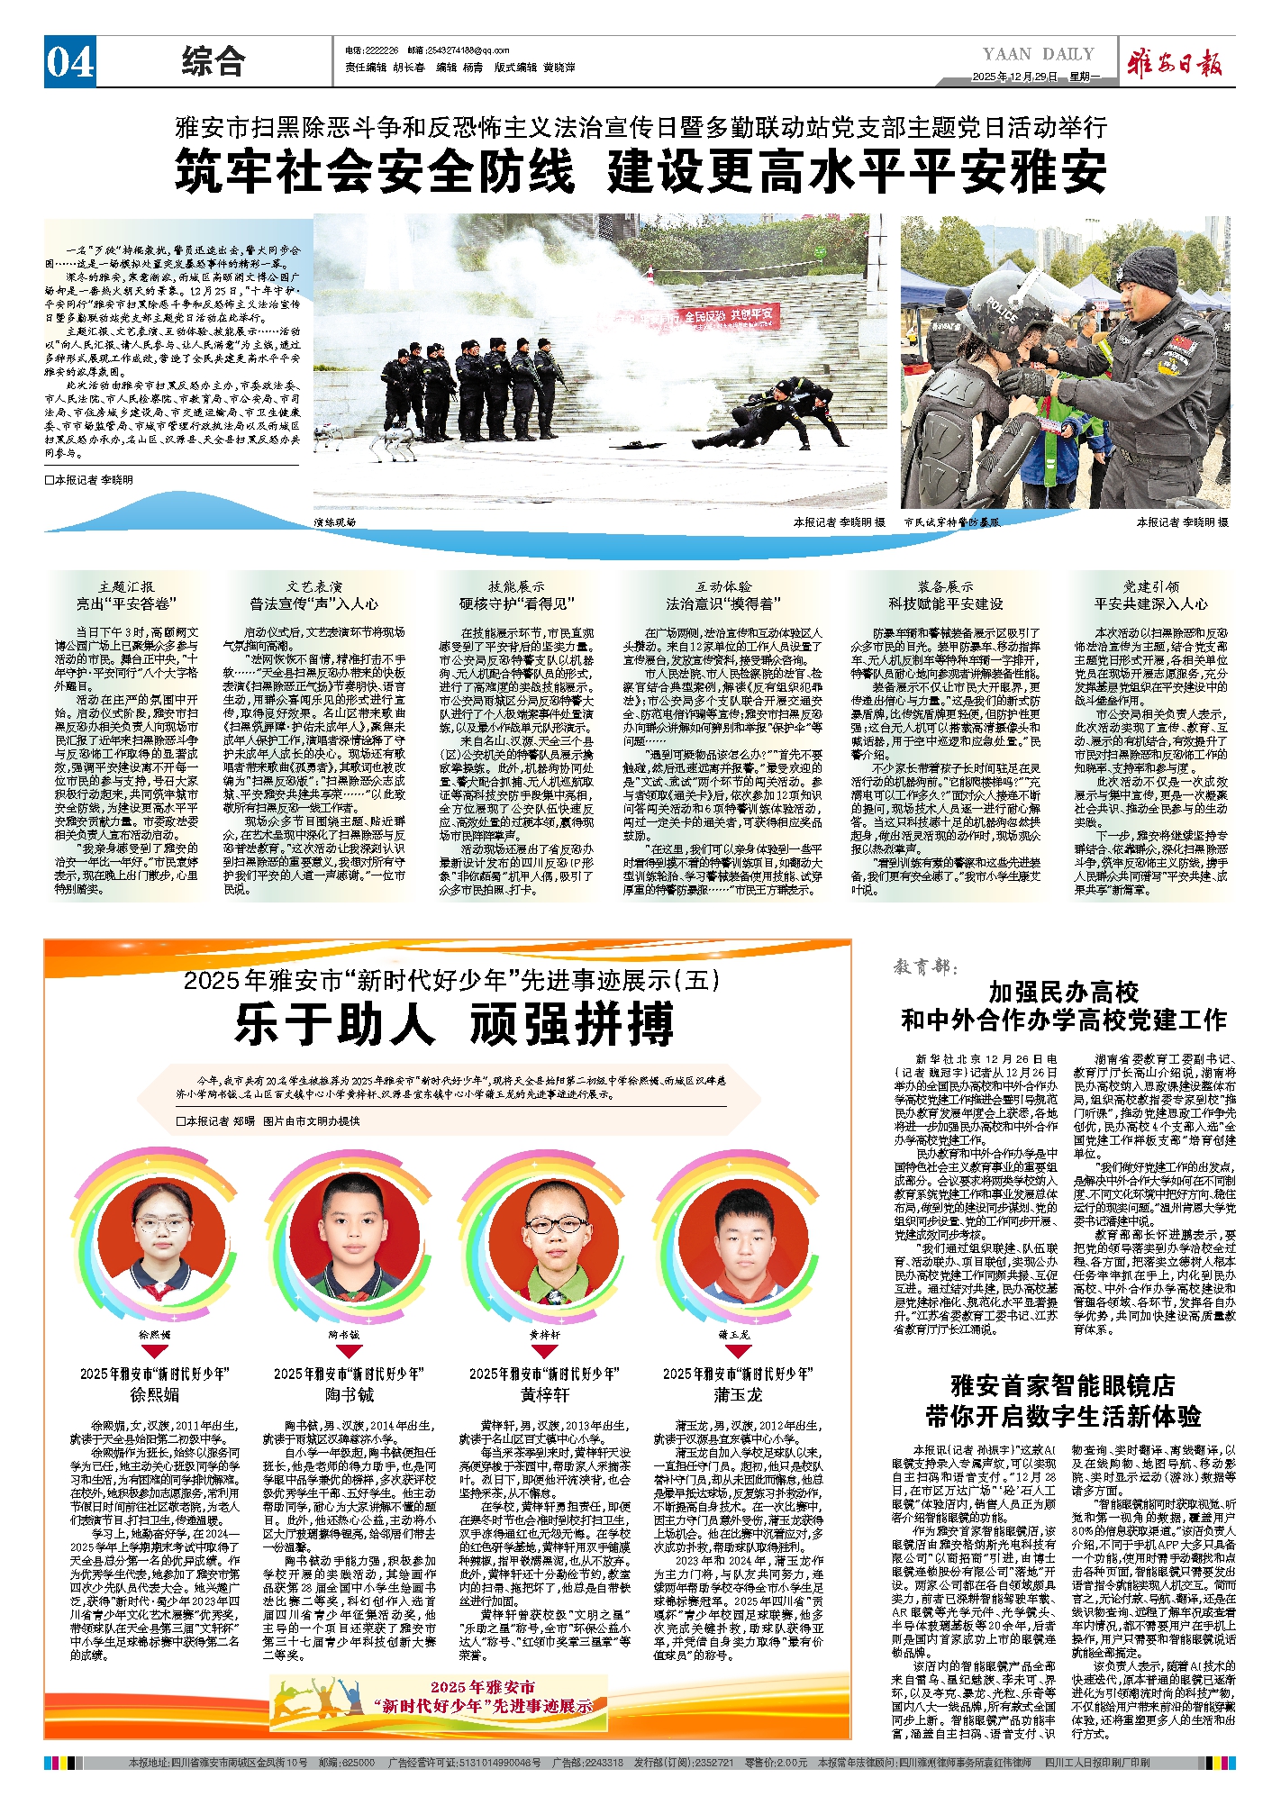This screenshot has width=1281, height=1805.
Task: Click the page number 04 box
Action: (x=70, y=63)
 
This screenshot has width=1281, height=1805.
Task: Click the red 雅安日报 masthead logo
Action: (x=1177, y=64)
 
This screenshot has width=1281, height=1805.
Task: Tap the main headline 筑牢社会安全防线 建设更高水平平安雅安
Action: (x=640, y=171)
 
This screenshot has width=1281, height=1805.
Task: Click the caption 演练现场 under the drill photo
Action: (x=335, y=522)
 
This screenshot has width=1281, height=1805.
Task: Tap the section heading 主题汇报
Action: (x=126, y=586)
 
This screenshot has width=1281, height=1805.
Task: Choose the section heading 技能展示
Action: (x=516, y=586)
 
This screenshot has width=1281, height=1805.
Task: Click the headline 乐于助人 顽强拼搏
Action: (x=454, y=1025)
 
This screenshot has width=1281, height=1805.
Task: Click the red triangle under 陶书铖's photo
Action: (x=349, y=1351)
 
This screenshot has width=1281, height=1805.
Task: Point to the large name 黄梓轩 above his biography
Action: (x=544, y=1395)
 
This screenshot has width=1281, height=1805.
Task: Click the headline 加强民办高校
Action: (x=1063, y=993)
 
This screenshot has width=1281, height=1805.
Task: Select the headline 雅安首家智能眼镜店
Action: (x=1063, y=1385)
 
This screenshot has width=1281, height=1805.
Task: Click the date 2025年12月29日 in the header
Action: (x=1014, y=77)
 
